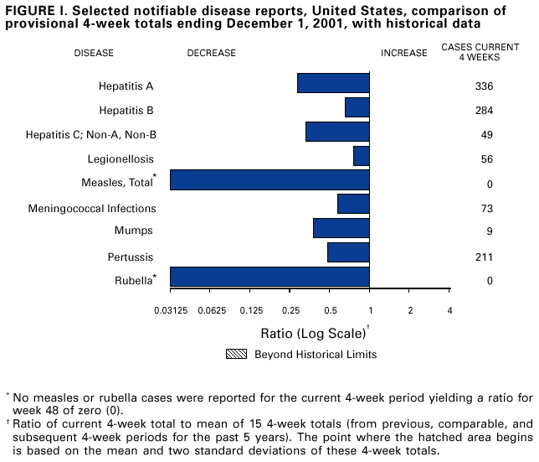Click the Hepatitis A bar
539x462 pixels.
pos(333,83)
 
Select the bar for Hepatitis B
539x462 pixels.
pos(357,107)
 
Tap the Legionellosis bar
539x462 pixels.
pos(362,156)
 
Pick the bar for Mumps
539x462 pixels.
pos(341,228)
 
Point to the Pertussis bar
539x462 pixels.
pos(348,252)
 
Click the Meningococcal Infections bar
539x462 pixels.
pos(353,204)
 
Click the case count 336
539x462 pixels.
pos(483,86)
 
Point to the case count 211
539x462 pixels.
pos(483,257)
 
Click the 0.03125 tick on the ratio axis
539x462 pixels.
pos(170,311)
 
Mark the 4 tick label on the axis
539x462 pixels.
pos(450,311)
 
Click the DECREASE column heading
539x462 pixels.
pos(211,53)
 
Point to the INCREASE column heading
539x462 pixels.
pos(404,53)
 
